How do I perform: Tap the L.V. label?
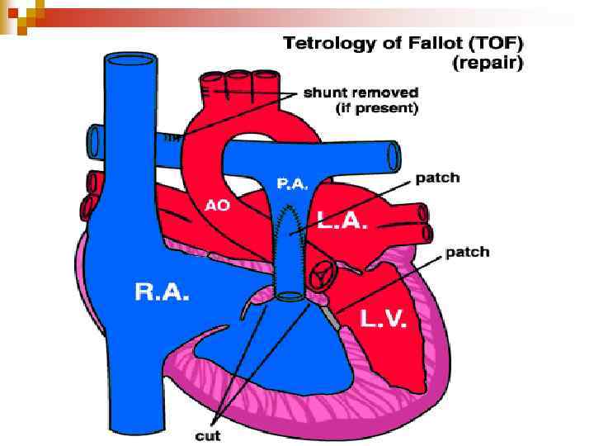(383, 319)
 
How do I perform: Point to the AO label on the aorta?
(218, 206)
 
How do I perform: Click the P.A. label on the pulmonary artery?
(294, 185)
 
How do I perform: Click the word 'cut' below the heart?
(208, 434)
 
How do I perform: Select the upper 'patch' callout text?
(437, 178)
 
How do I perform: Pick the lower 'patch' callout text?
(467, 252)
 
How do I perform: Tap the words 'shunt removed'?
(361, 93)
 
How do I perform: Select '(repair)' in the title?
(487, 62)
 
